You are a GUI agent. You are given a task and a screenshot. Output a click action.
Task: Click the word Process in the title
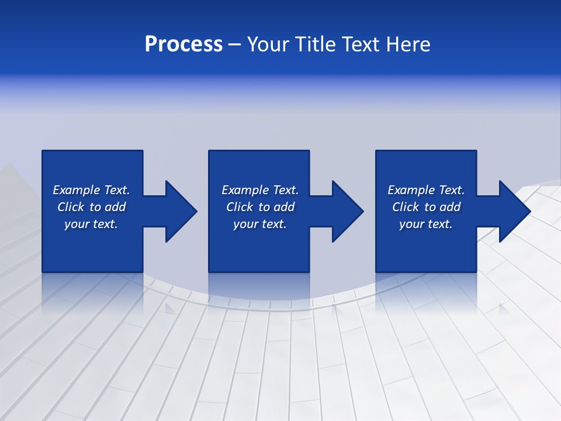(x=183, y=44)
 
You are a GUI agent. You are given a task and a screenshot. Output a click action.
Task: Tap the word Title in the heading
(x=317, y=44)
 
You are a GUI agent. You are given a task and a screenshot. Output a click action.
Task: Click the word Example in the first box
(x=77, y=190)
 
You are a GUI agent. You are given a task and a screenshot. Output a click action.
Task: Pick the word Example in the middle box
(x=245, y=190)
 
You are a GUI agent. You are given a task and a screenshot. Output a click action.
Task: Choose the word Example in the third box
(x=411, y=190)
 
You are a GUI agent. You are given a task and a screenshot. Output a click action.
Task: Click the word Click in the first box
(x=71, y=207)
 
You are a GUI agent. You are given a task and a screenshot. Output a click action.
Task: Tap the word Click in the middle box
(x=240, y=207)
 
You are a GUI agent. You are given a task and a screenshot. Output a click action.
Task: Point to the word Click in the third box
(x=406, y=207)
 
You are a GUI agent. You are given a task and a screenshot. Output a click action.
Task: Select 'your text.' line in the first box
(x=91, y=224)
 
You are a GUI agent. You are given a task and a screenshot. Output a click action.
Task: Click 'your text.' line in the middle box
(x=259, y=224)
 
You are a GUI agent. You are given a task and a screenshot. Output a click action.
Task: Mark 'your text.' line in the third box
(x=426, y=224)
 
